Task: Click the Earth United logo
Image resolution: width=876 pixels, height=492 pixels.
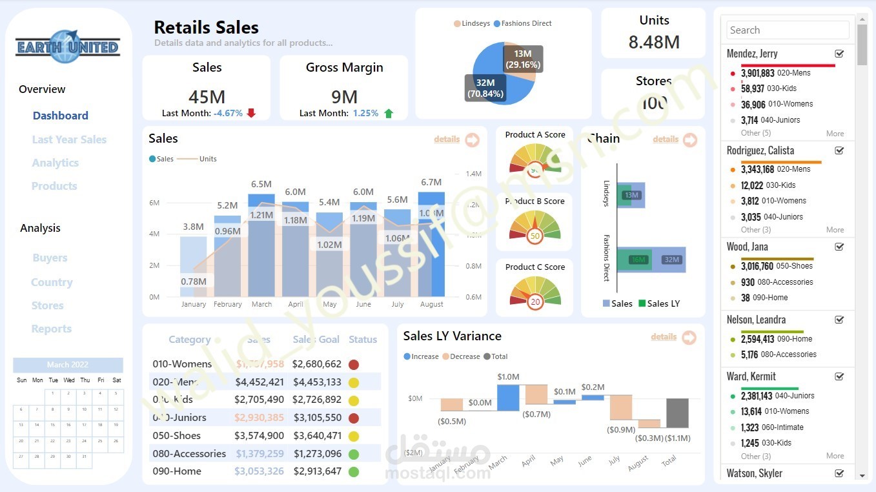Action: (x=68, y=46)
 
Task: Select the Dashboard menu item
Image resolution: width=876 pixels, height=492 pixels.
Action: (x=60, y=116)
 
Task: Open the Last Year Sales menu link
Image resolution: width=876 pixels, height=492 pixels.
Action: (x=69, y=139)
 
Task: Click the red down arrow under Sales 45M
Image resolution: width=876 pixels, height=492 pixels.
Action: (x=251, y=113)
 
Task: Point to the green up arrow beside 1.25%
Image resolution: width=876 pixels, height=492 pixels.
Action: (x=389, y=113)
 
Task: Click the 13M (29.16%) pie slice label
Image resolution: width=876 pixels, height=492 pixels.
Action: (x=523, y=59)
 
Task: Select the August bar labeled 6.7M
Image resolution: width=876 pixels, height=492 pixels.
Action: (x=431, y=245)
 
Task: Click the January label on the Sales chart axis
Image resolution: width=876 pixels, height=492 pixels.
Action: (x=194, y=304)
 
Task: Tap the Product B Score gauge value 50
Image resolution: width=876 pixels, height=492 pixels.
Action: (x=535, y=236)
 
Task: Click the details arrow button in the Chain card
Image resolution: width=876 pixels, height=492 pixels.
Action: (x=689, y=139)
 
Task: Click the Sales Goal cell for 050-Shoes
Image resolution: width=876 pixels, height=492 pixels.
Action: (x=316, y=436)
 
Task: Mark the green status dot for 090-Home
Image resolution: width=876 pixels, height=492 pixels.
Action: (x=353, y=471)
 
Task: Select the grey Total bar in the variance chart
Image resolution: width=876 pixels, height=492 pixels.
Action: (x=677, y=413)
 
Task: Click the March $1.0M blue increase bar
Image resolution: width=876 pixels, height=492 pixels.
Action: (x=508, y=398)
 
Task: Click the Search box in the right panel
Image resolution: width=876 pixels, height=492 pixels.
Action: (x=788, y=30)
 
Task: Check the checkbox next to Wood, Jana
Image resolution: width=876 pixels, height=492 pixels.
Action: (x=839, y=247)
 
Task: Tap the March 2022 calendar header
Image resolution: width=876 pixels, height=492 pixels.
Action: (x=68, y=365)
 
